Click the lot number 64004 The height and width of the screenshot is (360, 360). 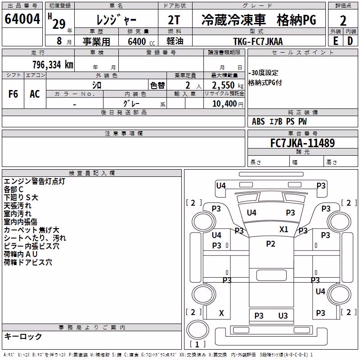click(x=22, y=19)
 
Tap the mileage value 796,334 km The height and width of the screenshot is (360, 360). click(x=53, y=65)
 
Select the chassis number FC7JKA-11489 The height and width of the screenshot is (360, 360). click(x=302, y=143)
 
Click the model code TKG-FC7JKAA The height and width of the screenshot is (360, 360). click(x=258, y=41)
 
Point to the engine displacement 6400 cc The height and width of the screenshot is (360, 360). click(x=141, y=41)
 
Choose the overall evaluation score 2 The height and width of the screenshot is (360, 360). click(x=343, y=21)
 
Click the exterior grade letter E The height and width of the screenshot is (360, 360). click(x=335, y=41)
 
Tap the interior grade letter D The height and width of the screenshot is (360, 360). click(x=350, y=41)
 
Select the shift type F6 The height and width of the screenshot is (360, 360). click(x=13, y=94)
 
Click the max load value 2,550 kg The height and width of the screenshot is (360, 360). click(x=228, y=85)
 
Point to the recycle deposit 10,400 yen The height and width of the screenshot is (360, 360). click(x=228, y=104)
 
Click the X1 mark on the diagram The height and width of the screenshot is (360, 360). click(x=284, y=229)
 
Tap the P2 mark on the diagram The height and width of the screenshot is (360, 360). click(x=270, y=243)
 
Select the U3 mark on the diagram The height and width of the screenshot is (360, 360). click(x=283, y=316)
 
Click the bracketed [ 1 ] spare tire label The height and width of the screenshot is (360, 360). click(x=197, y=344)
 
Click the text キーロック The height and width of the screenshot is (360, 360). click(x=23, y=336)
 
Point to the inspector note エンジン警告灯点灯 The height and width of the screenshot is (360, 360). click(x=35, y=181)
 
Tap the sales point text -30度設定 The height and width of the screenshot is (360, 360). click(x=263, y=73)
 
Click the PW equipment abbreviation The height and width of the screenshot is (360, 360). click(x=302, y=121)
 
